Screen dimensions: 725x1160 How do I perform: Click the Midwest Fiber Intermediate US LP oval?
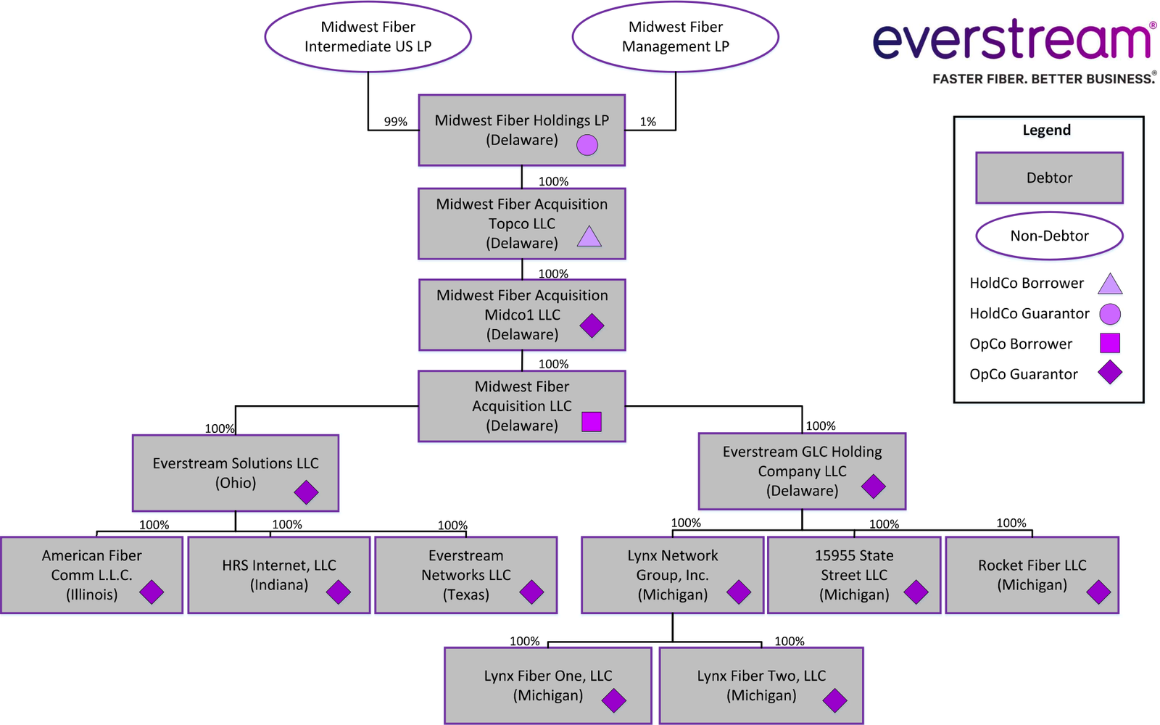point(368,37)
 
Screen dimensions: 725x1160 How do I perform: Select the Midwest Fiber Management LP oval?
point(675,37)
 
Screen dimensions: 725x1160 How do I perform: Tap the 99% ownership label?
point(395,122)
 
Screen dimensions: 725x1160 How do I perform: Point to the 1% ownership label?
point(647,122)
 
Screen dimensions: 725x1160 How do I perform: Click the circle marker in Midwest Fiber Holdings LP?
point(587,145)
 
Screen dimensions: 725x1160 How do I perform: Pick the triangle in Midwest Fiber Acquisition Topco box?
point(589,237)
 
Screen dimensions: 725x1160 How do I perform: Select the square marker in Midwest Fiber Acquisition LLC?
point(592,422)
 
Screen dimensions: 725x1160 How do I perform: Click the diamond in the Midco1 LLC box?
point(592,326)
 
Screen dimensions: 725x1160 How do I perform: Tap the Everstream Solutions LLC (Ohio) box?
point(236,473)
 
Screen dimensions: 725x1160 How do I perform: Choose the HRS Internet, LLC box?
point(279,575)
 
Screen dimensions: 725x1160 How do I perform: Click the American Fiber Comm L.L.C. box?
point(91,575)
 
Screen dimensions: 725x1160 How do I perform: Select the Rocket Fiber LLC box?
point(1032,575)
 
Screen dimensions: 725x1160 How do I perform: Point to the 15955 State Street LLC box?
point(854,575)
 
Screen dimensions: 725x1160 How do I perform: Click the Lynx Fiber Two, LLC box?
point(761,685)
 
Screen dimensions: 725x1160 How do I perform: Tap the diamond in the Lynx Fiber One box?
point(613,700)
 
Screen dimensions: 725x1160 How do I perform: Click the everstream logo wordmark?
point(1012,41)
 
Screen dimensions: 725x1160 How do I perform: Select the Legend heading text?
point(1046,130)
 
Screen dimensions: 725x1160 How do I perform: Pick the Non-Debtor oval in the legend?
point(1049,236)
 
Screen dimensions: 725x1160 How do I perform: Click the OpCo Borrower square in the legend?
point(1109,343)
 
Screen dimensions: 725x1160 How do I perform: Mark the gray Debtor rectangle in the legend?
point(1049,178)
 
